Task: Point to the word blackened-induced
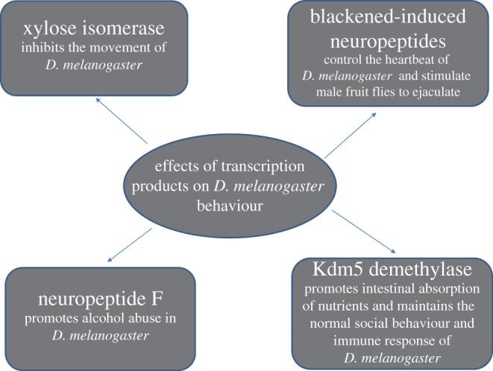tap(389, 18)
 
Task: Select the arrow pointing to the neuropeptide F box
tap(135, 241)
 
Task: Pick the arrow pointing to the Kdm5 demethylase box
tap(365, 232)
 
